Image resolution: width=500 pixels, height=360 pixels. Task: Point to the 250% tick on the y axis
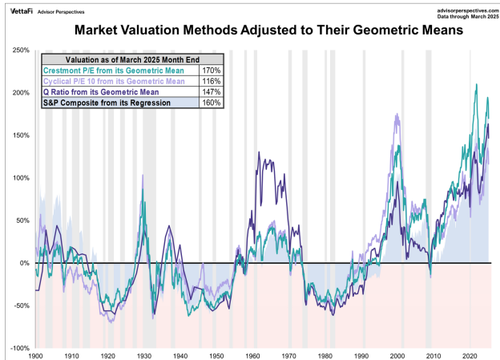19,51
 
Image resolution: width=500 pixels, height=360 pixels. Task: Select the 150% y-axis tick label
19,136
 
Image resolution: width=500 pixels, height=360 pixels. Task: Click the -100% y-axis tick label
18,348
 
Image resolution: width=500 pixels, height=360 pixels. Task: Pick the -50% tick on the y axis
19,305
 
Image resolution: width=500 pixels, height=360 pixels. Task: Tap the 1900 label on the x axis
35,354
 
